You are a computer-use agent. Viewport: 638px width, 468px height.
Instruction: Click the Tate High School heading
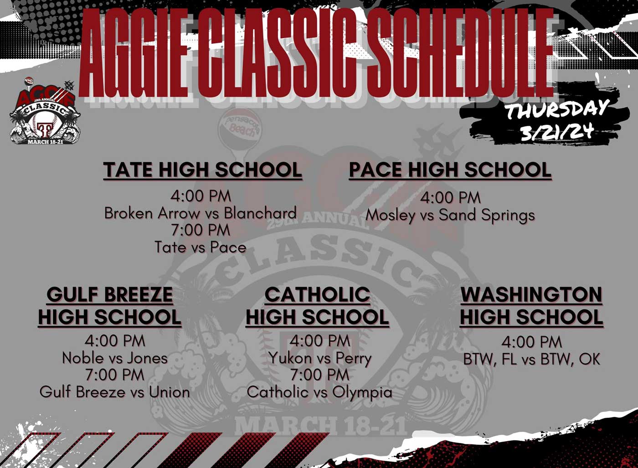click(202, 170)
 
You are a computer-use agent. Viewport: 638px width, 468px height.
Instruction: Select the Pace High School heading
click(450, 170)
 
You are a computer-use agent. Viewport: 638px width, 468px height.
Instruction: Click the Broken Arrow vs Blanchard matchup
click(201, 213)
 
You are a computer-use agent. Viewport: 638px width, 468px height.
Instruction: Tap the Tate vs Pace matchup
click(201, 247)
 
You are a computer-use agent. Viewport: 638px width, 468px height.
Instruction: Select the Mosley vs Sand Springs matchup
click(450, 216)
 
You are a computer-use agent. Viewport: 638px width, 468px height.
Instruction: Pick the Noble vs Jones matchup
click(115, 358)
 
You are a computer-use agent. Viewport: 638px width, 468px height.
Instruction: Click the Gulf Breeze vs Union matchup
click(115, 392)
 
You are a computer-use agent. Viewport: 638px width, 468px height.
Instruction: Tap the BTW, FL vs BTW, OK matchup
click(531, 359)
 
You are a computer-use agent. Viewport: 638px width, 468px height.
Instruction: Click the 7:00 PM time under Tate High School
click(201, 230)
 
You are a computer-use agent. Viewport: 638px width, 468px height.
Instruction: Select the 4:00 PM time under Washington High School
click(531, 342)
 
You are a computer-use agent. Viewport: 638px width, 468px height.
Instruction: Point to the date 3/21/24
click(558, 132)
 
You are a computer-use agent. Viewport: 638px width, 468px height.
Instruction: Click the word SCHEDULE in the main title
click(459, 53)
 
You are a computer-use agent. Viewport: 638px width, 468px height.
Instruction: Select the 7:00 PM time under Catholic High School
click(320, 375)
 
